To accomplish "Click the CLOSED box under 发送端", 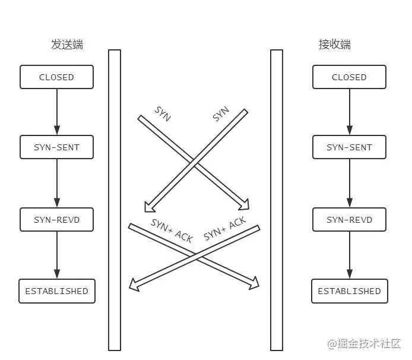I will [57, 77].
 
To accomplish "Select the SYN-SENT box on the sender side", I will [57, 147].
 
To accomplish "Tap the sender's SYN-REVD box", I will [57, 220].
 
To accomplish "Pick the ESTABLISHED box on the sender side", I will [57, 291].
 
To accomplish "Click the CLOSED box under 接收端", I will [349, 77].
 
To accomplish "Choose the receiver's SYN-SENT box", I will [349, 147].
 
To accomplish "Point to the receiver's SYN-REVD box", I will [349, 220].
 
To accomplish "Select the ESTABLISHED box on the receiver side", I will [349, 291].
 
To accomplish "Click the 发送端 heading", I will [67, 45].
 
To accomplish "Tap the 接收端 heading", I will [335, 45].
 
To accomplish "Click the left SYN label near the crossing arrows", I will [163, 114].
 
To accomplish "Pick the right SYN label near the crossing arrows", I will [221, 114].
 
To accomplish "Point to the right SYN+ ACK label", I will [225, 229].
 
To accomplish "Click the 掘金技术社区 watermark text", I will [367, 343].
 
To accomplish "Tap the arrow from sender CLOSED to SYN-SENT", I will [57, 112].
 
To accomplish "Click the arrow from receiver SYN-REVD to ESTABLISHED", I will [349, 255].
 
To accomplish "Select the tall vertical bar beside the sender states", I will [115, 200].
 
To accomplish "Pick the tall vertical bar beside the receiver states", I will [277, 200].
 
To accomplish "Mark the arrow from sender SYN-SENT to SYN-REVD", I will [57, 183].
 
